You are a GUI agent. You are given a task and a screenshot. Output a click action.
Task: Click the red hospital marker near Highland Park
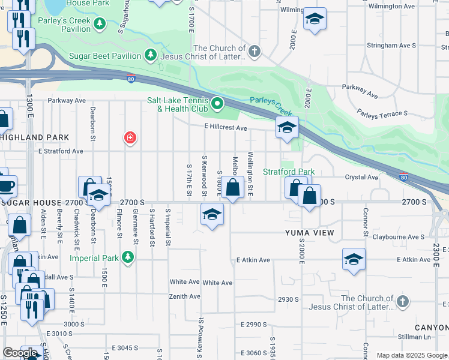coord(130,139)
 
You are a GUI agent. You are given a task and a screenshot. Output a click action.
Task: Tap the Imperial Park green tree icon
coord(127,258)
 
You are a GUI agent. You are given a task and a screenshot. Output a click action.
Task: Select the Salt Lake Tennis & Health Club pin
coord(217,104)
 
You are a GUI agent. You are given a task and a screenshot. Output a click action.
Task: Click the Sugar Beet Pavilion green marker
coord(150,56)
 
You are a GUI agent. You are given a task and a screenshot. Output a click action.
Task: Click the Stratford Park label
coord(289,172)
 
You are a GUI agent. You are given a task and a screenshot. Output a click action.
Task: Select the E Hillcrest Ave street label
coord(226,128)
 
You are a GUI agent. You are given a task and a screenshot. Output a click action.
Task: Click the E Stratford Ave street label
coord(61,151)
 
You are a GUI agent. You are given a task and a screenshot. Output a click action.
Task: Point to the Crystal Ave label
coord(361,177)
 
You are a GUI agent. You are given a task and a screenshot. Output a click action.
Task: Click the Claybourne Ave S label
coord(398,237)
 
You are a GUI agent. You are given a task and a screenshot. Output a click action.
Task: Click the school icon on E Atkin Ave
coord(354,259)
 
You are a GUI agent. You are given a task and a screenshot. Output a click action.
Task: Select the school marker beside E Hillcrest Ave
coord(288,127)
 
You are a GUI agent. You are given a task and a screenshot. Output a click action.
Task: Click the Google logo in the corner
coord(20,353)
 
